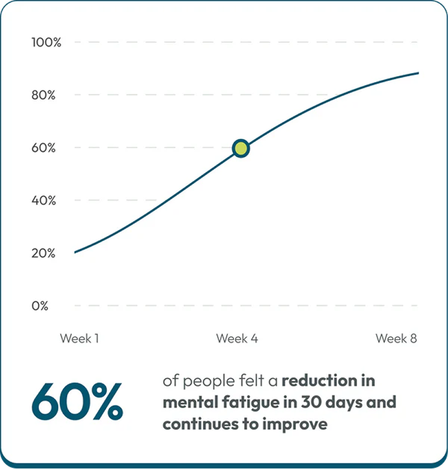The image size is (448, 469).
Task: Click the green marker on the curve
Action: pyautogui.click(x=241, y=148)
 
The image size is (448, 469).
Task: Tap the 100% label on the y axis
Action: pyautogui.click(x=46, y=42)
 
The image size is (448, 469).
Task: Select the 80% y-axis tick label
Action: pyautogui.click(x=43, y=95)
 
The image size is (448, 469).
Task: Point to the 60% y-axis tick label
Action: pyautogui.click(x=43, y=148)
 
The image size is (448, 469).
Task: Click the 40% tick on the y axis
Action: pyautogui.click(x=43, y=200)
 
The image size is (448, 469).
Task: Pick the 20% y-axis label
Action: pyautogui.click(x=43, y=253)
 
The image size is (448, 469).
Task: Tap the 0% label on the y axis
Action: pyautogui.click(x=40, y=306)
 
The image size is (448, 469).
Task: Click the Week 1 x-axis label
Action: pyautogui.click(x=80, y=339)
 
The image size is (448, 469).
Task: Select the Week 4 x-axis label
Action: pyautogui.click(x=237, y=339)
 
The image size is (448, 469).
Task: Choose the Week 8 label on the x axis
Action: pyautogui.click(x=396, y=339)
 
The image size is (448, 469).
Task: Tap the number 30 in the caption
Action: pyautogui.click(x=305, y=402)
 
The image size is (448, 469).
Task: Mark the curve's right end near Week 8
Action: pyautogui.click(x=418, y=73)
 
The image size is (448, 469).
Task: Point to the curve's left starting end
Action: pyautogui.click(x=75, y=253)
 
